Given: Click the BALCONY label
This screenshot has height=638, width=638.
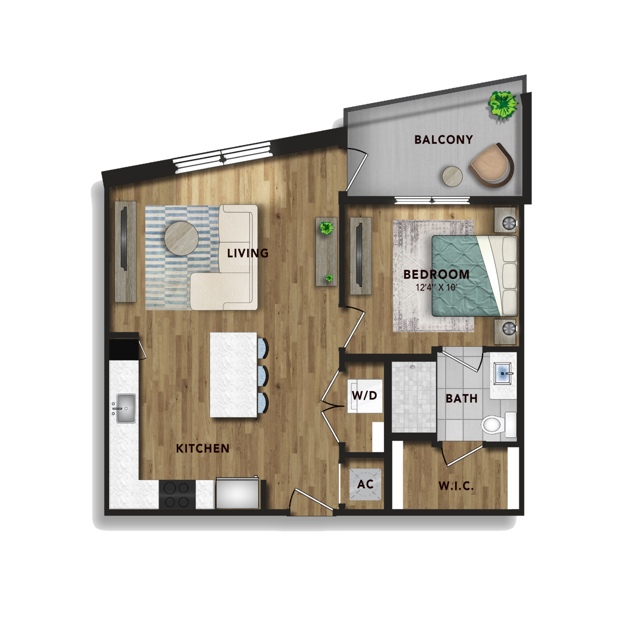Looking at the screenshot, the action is coord(443,139).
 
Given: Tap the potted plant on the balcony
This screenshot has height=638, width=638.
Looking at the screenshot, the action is coord(502,105).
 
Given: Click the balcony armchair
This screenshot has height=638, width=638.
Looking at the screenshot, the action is coord(492,165).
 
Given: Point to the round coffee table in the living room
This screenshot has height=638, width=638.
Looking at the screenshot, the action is coord(181,238).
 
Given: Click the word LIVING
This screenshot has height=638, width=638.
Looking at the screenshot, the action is coord(248,253).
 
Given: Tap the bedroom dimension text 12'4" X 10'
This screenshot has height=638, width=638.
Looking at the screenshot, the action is coord(436,287).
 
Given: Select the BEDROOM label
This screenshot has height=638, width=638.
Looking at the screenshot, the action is coord(436,275).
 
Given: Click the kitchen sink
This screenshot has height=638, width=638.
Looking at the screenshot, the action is coord(125,408).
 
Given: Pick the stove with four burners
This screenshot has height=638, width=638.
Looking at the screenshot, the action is coord(177,495).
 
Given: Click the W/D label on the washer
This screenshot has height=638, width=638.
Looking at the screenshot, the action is coord(364,395).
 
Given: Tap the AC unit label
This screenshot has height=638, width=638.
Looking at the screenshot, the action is coord(365,484).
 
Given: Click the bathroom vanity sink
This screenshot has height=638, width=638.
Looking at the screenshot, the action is coord(502,373).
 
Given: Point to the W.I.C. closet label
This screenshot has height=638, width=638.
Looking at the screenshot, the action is coord(456,486).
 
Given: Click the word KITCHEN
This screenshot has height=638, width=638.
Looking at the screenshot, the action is coord(202,448).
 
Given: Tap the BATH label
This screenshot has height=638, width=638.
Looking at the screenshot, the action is coord(461,398).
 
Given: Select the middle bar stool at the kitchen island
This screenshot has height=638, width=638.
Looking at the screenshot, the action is coord(263,375).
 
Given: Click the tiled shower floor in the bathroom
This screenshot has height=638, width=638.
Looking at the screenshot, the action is coord(414,397).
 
